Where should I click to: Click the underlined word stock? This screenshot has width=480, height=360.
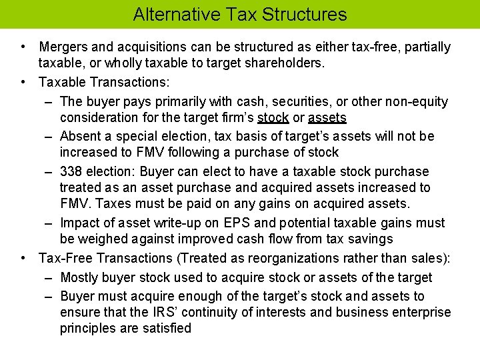coord(273,118)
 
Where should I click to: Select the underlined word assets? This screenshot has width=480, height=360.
coord(328,118)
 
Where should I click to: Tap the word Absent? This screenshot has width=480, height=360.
coord(80,137)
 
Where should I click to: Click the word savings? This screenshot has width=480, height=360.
coord(371,239)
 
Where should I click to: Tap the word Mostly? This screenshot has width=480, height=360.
coord(80,277)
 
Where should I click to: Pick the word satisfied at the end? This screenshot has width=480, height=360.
coord(167,329)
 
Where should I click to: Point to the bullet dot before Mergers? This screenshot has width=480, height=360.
coord(23,47)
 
